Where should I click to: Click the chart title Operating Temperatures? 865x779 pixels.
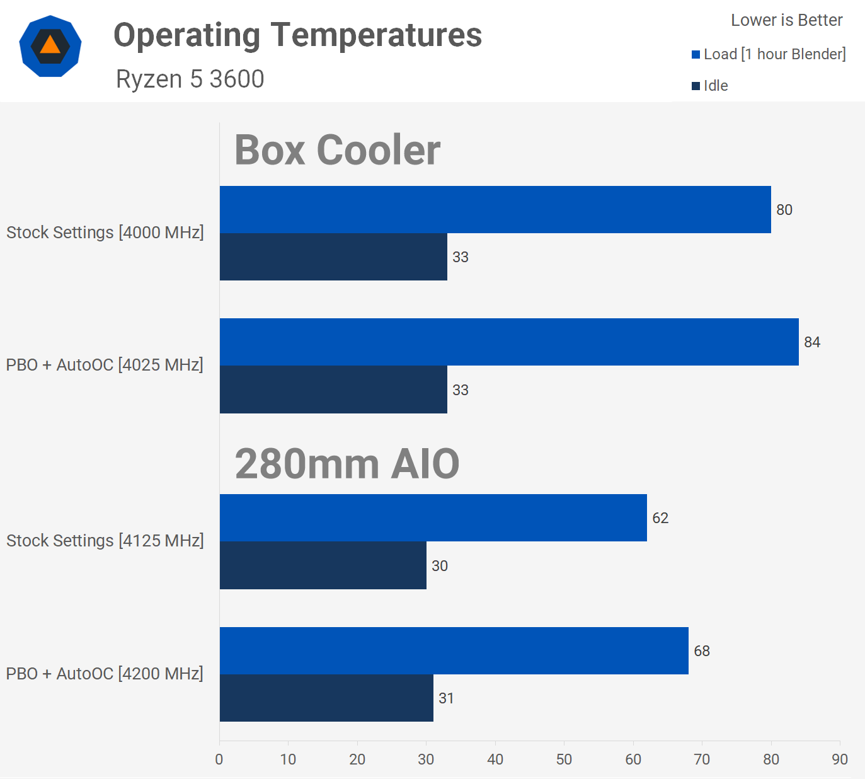click(297, 35)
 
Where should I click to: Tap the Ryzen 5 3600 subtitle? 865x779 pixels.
click(190, 79)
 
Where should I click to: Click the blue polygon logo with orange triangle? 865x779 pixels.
click(50, 46)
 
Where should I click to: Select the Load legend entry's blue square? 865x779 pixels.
click(696, 55)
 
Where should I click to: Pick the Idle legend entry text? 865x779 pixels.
click(716, 86)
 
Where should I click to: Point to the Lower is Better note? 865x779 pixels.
click(786, 20)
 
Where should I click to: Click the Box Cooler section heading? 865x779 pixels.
click(337, 150)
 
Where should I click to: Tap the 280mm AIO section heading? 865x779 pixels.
click(347, 464)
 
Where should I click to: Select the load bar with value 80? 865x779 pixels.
click(495, 209)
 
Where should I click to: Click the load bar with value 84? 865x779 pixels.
click(509, 342)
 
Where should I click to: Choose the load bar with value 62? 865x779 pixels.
click(433, 517)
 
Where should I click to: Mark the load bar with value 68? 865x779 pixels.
click(454, 650)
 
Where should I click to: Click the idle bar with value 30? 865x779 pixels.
click(323, 565)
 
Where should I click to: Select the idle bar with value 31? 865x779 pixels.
click(326, 698)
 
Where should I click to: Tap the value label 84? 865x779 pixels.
click(812, 342)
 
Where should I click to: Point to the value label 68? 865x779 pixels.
click(702, 651)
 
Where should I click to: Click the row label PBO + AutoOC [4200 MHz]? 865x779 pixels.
click(105, 674)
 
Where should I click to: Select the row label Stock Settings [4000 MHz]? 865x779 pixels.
click(105, 233)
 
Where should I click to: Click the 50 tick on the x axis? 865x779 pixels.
click(564, 759)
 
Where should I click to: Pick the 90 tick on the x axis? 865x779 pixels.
click(840, 759)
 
